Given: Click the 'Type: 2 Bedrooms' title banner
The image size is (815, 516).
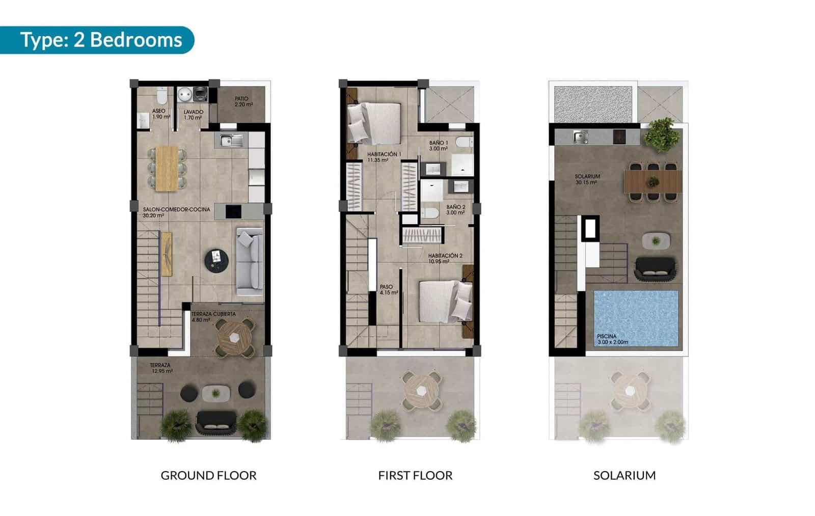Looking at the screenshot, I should tap(100, 40).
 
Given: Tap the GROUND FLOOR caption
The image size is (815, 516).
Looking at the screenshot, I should tap(208, 475).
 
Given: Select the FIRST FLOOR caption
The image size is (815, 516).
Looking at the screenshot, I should tap(415, 475).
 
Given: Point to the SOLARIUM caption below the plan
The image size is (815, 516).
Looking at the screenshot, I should tap(624, 475).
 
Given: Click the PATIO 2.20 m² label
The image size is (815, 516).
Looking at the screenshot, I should tap(242, 101).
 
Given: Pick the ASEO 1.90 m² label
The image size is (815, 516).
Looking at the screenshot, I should tap(158, 114).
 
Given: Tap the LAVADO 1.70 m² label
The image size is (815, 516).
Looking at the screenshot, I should tap(193, 115).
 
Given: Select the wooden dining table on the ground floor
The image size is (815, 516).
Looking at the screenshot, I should tap(167, 169).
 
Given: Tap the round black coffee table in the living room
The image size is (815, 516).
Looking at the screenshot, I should tap(216, 260).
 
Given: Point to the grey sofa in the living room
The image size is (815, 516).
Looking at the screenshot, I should tap(250, 261).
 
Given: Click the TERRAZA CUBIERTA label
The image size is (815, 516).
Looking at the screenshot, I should tap(213, 317).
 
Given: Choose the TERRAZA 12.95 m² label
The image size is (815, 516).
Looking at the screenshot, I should tap(161, 368).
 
